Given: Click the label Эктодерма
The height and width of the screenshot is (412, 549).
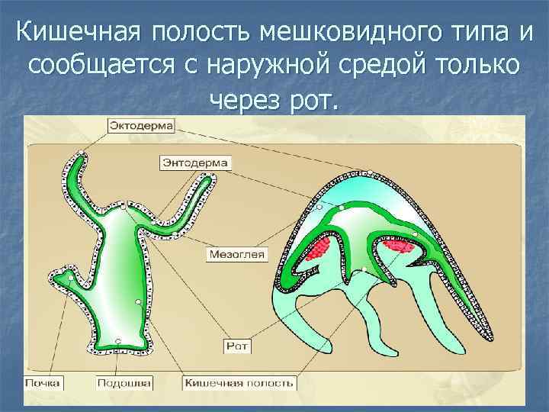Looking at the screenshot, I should (142, 124).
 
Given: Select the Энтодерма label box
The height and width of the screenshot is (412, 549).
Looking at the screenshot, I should (195, 163).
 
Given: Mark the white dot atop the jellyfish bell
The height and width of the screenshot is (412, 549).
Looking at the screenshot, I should (370, 173).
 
